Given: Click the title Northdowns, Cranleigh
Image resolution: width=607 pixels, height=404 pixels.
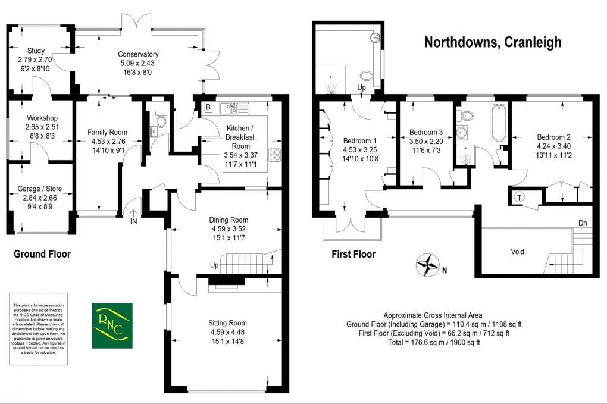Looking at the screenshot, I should point(492,42).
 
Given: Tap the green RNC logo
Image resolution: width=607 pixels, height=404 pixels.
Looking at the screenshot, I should point(112,325).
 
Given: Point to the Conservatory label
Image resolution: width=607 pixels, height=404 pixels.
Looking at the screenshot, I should point(138,55).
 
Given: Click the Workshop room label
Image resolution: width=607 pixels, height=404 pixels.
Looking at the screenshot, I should point(40,118).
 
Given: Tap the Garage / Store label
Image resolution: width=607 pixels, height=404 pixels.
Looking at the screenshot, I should point(40,189).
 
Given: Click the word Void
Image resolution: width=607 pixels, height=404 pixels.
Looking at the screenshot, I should point(518,252).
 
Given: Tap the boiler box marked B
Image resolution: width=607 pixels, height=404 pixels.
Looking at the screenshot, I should point(207,108).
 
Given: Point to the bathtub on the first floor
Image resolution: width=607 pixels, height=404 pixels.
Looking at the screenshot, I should point(498,123).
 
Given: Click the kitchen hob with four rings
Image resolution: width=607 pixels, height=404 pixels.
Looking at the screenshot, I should point(276,155).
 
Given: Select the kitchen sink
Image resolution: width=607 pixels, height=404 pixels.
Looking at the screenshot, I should point(229,108).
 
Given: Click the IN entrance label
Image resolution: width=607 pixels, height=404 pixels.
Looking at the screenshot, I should point(133,221).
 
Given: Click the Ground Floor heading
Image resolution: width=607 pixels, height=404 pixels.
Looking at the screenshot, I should point(42,254).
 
